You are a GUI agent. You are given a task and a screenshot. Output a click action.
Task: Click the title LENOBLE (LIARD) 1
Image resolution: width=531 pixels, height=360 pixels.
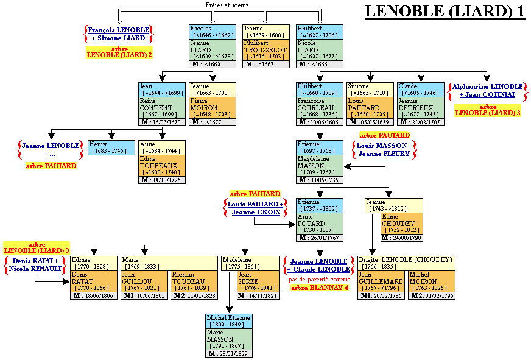[x=444, y=12]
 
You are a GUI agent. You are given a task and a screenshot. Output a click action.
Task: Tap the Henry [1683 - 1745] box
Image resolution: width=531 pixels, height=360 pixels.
[x=112, y=147]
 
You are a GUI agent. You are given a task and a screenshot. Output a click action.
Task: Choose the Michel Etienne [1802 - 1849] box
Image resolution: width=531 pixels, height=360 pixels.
[x=229, y=321]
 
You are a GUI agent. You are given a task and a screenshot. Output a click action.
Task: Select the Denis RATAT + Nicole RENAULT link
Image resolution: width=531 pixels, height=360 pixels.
[x=35, y=264]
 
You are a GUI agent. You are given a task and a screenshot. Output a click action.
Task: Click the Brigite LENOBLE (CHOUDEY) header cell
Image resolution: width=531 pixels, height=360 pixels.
[x=406, y=263]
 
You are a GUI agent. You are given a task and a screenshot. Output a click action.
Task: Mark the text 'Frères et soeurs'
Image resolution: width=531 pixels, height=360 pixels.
[x=227, y=5]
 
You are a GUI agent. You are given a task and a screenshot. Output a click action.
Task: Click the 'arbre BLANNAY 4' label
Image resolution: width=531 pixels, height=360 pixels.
[x=319, y=288]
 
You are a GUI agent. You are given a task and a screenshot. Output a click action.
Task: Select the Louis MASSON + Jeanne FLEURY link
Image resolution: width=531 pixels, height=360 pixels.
[x=384, y=150]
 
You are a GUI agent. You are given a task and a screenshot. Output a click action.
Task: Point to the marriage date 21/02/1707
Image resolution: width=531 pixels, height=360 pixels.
[x=424, y=122]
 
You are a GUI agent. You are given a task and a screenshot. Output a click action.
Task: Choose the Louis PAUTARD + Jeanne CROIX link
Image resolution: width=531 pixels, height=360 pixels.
[x=255, y=208]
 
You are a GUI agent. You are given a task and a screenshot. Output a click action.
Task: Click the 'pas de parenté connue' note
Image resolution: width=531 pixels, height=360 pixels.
[x=320, y=280]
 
